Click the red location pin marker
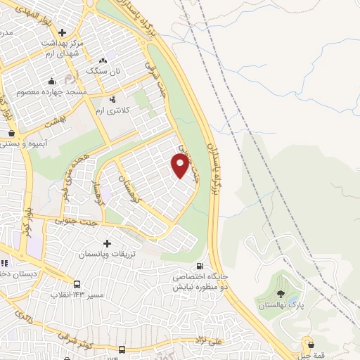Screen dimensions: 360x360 point(181,166)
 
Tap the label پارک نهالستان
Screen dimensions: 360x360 point(281,305)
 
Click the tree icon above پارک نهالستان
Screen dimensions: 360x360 point(281,294)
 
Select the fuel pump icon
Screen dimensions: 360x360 point(202,266)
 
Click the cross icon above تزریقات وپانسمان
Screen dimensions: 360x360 point(107,243)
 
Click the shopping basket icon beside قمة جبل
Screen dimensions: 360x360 point(310,344)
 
